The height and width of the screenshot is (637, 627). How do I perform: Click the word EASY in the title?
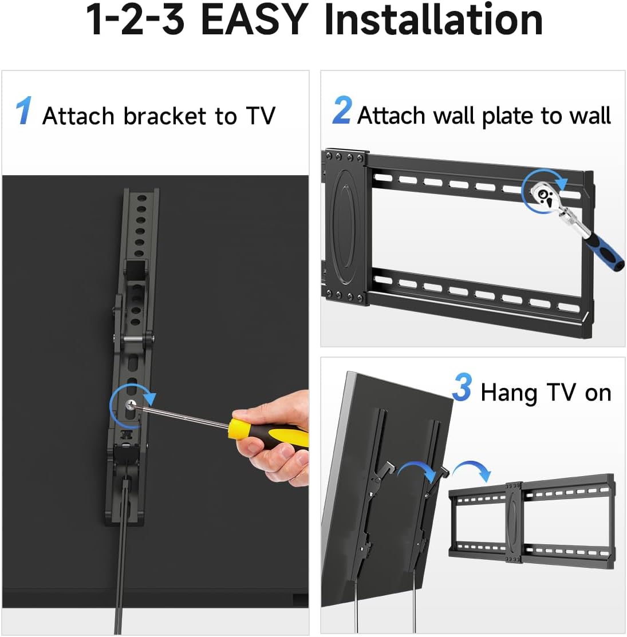(254, 19)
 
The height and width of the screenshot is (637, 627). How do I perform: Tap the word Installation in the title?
(433, 19)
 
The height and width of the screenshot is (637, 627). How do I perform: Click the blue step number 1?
(23, 110)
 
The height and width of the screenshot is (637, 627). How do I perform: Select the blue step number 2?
(342, 110)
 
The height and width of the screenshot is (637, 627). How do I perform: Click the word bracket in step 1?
(164, 116)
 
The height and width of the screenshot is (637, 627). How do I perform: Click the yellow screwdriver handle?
(268, 433)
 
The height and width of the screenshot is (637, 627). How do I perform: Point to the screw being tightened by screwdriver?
(131, 404)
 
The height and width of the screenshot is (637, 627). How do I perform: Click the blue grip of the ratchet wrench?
(604, 252)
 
